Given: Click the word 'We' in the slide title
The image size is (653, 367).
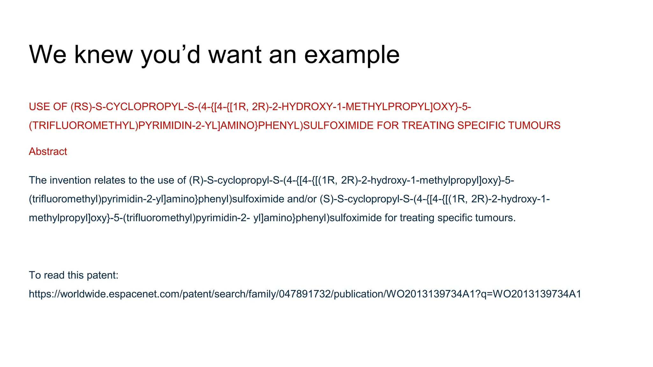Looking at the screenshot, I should (x=48, y=54).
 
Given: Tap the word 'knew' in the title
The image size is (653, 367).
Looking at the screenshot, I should (x=103, y=54).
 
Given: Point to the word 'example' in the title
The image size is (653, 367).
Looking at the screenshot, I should (x=352, y=55).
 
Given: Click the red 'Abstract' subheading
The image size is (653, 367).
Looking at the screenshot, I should (x=48, y=151).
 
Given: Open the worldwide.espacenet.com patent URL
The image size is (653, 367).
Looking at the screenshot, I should (x=305, y=294).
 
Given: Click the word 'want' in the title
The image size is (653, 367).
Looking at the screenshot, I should (x=236, y=54).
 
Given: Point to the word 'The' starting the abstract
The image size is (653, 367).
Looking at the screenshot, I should (x=38, y=180).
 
